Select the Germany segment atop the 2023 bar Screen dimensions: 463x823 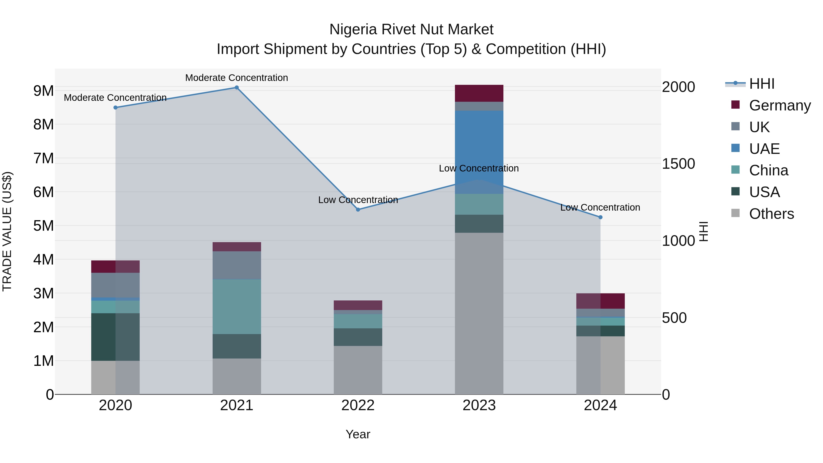coord(479,93)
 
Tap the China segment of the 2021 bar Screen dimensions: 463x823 coord(237,307)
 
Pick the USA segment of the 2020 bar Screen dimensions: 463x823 coord(115,337)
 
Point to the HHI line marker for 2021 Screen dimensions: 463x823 coord(237,88)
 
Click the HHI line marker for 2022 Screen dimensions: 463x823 coord(358,210)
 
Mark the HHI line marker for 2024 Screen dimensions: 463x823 coord(600,217)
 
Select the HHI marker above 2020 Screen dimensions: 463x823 coord(115,108)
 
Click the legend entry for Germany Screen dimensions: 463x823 coord(780,105)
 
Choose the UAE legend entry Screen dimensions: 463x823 coord(764,149)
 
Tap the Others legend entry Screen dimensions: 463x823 coord(771,214)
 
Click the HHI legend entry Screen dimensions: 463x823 coord(762,84)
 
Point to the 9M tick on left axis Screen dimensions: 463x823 coord(43,91)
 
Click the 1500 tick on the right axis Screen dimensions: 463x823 coord(678,164)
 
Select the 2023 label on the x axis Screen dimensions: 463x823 coord(479,405)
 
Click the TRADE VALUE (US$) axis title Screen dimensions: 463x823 coord(7,231)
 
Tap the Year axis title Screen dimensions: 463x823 coord(358,434)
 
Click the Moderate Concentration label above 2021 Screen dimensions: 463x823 coord(237,78)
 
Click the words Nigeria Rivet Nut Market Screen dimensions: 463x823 coord(411,29)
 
